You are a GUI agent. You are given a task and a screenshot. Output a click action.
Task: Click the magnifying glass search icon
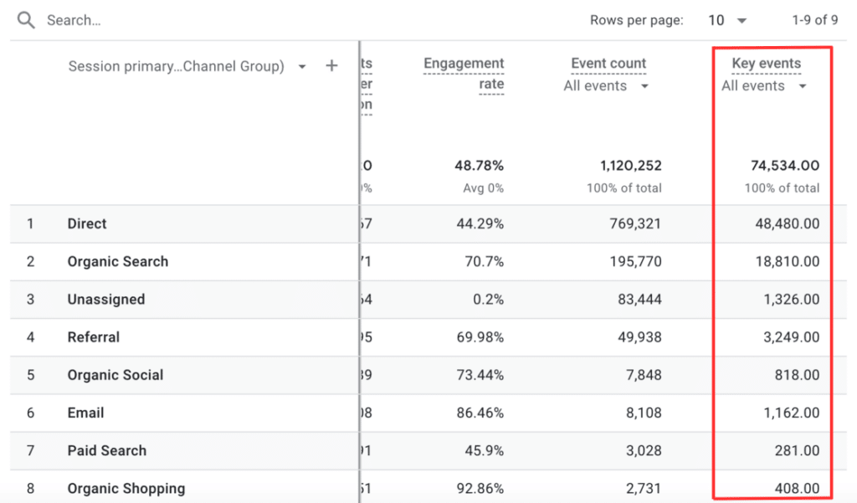[26, 20]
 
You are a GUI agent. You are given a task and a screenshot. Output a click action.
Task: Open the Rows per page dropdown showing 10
[727, 20]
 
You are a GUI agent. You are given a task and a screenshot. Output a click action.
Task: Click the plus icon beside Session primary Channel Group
[332, 65]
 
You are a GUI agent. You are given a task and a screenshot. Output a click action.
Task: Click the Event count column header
[608, 64]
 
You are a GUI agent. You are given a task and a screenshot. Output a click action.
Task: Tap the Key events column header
[766, 64]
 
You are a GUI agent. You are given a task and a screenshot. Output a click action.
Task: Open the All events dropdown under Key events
[764, 85]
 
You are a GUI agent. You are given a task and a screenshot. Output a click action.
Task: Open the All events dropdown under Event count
[606, 85]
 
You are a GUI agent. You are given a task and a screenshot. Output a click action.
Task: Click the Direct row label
[87, 223]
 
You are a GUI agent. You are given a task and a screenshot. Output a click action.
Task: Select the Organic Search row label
[118, 261]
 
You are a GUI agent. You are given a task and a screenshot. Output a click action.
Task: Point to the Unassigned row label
[106, 299]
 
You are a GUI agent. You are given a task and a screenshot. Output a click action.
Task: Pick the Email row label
[86, 413]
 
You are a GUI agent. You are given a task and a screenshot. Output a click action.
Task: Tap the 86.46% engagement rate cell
[477, 413]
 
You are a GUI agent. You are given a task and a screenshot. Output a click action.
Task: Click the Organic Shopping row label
[126, 488]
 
